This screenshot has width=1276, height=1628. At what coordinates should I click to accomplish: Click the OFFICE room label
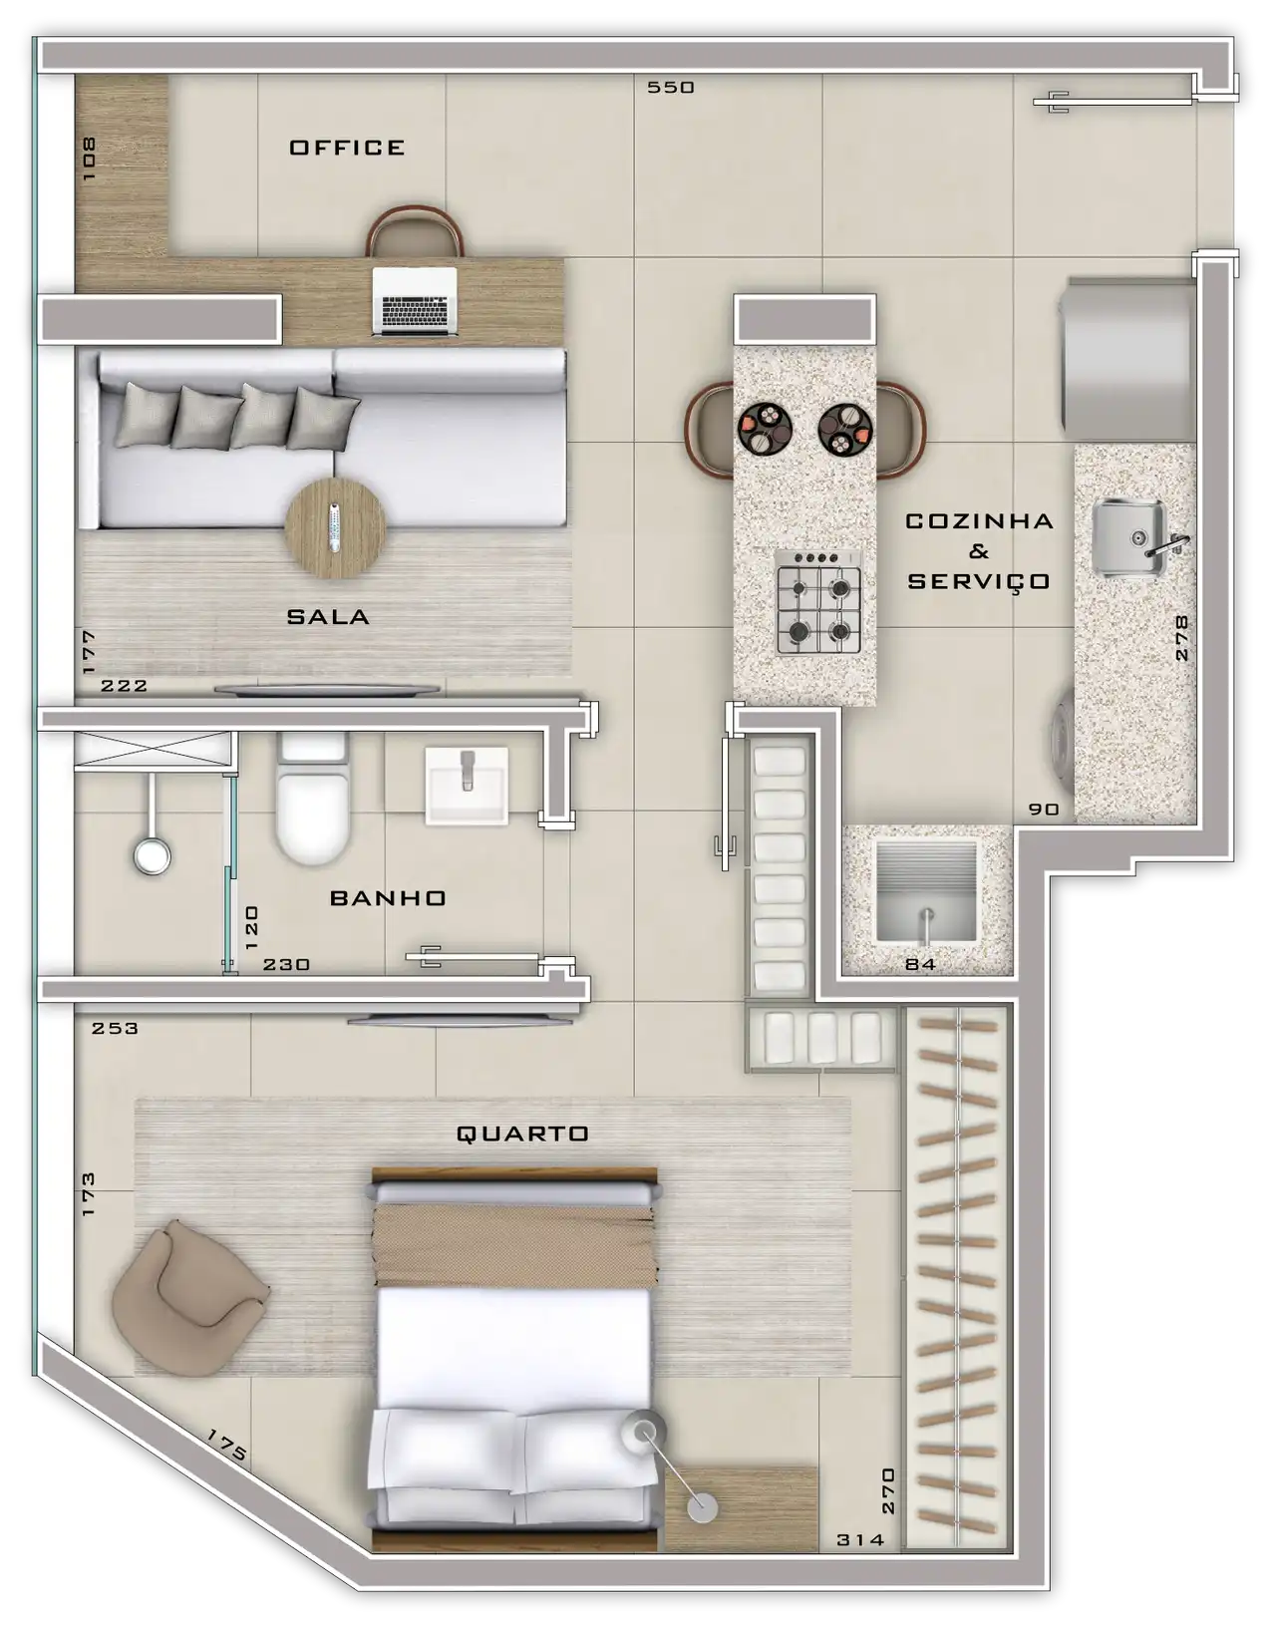tap(347, 148)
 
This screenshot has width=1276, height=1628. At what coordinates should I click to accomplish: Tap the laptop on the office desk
tap(415, 301)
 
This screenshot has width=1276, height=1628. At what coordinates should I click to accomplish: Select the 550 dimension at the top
tap(670, 88)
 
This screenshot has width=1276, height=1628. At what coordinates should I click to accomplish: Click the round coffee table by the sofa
tap(336, 529)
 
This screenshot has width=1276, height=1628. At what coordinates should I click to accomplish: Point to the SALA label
tap(328, 617)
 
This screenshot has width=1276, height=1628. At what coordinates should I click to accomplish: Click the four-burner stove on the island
tap(817, 601)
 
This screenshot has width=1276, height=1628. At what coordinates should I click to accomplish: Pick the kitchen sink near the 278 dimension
tap(1130, 539)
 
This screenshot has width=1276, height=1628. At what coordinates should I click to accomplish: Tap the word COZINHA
tap(979, 521)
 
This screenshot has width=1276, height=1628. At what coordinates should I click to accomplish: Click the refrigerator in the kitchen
tap(1127, 359)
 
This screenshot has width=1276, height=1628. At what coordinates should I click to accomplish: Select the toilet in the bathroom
tap(313, 798)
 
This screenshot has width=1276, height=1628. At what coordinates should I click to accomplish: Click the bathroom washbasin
tap(467, 786)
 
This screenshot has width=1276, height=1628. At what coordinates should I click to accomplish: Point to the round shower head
tap(152, 855)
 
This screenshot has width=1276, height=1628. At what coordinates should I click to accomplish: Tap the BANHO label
tap(388, 898)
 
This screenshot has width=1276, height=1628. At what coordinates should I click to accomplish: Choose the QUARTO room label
tap(522, 1134)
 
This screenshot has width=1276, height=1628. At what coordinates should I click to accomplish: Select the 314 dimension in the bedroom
tap(860, 1540)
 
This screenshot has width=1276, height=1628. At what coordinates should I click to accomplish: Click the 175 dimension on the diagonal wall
tap(226, 1446)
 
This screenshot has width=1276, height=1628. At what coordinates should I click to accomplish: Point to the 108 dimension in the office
tap(89, 159)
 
